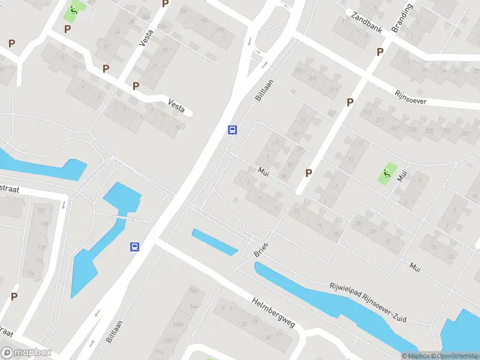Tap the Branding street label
[402, 20]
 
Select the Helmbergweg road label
[274, 313]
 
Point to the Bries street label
[261, 250]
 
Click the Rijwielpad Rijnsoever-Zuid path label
[368, 302]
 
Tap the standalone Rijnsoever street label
[411, 98]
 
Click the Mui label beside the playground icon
[401, 176]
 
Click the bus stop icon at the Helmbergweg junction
[136, 247]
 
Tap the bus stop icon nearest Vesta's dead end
[232, 130]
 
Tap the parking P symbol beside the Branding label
[380, 52]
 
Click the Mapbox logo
[26, 353]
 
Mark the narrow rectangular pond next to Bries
[215, 241]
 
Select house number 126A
[178, 325]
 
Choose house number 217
[380, 119]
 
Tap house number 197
[220, 30]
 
